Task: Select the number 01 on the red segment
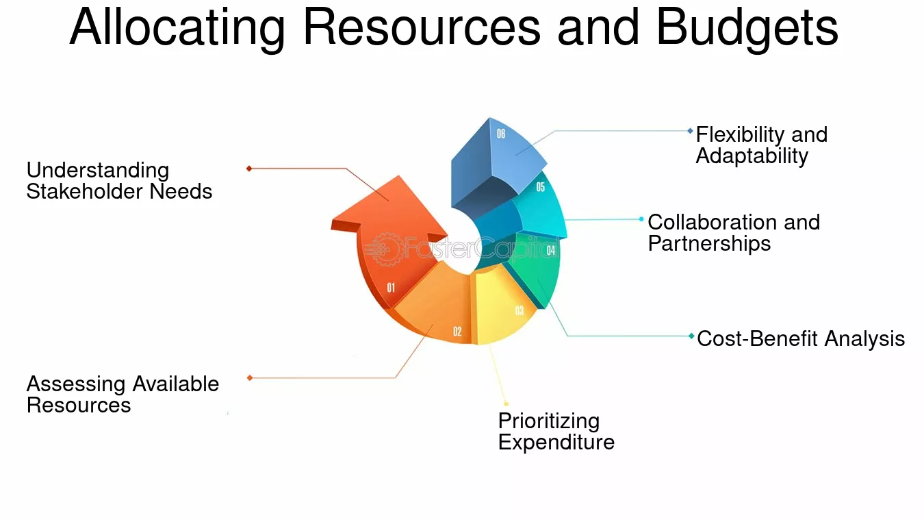pos(391,288)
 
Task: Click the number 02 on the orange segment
pos(457,331)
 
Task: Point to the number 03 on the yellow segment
pos(519,310)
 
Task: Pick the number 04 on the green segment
pos(551,250)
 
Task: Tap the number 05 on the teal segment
pos(541,187)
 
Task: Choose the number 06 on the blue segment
pos(501,134)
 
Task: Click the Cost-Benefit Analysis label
pos(801,338)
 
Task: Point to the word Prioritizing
pos(549,422)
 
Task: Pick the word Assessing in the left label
pos(75,384)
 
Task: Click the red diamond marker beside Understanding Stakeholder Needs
pos(249,169)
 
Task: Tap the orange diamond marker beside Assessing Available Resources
pos(250,378)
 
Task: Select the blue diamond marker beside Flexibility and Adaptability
pos(690,131)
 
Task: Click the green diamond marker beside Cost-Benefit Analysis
pos(691,336)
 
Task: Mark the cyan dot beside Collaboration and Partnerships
pos(641,219)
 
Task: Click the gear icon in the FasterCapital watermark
pos(385,249)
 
